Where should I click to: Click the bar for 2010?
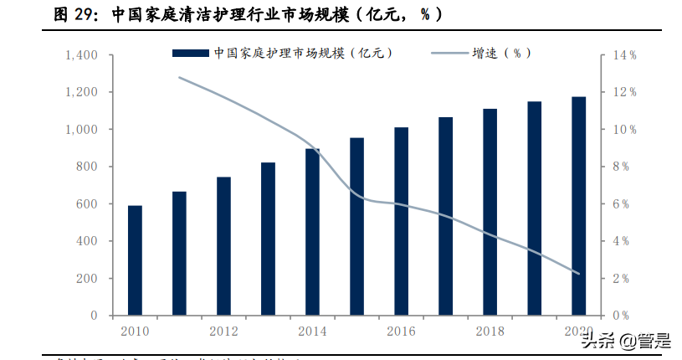(x=135, y=260)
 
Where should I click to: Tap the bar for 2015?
(x=356, y=226)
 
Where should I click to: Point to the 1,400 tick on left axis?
(x=82, y=55)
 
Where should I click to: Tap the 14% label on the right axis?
(x=625, y=55)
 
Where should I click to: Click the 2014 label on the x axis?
(x=312, y=331)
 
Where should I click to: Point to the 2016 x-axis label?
(x=401, y=331)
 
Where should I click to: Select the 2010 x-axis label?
(x=135, y=331)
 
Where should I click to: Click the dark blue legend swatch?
(x=190, y=54)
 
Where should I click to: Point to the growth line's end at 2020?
(x=578, y=273)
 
